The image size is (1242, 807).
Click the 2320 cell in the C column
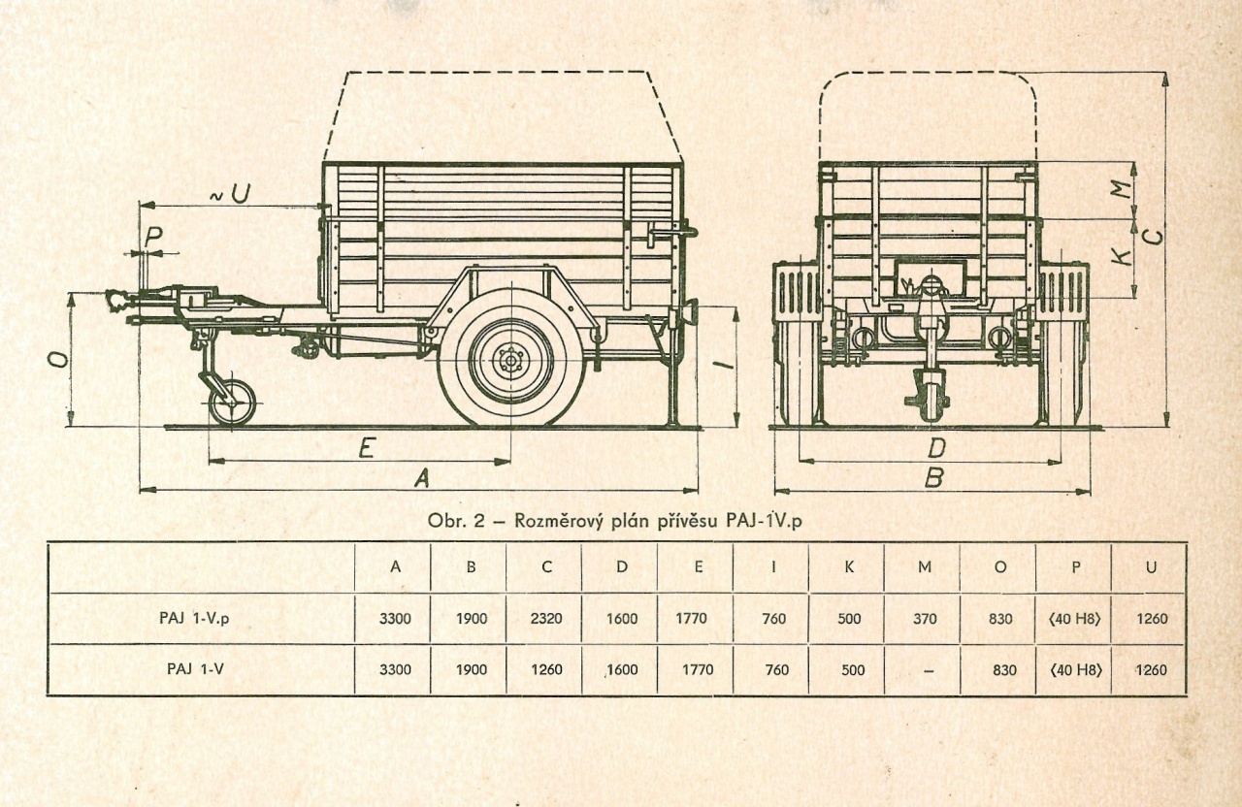[546, 619]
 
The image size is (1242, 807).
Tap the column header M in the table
[924, 566]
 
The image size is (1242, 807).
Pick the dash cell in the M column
[924, 670]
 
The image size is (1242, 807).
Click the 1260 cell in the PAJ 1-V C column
[546, 670]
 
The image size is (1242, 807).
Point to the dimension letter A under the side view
[421, 477]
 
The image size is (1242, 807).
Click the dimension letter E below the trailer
[366, 448]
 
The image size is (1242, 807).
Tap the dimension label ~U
[230, 193]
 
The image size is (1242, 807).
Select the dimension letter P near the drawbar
[152, 236]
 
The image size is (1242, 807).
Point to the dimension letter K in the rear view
[1122, 256]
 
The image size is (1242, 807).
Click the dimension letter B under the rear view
[933, 478]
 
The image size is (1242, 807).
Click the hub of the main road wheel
[509, 360]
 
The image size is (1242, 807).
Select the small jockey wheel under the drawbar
[233, 402]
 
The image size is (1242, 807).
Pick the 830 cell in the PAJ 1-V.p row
[999, 619]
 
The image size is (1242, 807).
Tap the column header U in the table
[1151, 566]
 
